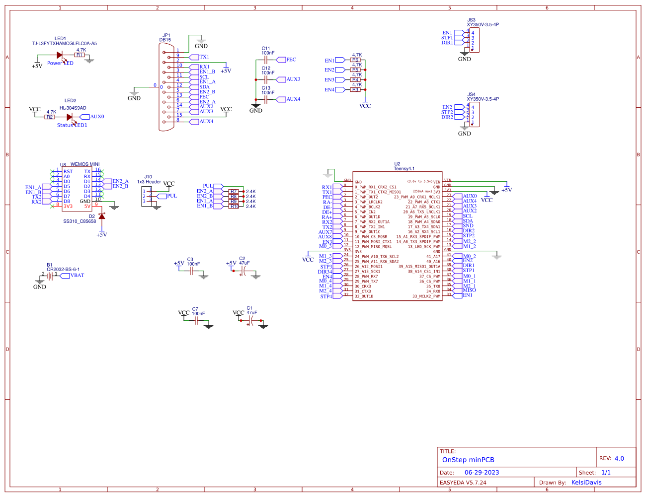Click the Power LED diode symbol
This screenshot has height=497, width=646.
pos(60,55)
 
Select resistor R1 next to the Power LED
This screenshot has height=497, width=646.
pos(80,55)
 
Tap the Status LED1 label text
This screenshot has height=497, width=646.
pos(72,125)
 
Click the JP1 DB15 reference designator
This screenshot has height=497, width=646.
pos(165,38)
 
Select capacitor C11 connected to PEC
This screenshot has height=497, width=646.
pos(266,60)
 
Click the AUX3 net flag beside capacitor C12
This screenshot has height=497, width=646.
pos(293,79)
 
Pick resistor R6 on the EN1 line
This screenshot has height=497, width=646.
pos(355,60)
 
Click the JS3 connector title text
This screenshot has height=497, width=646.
pos(472,20)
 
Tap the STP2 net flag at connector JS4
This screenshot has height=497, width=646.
pos(447,112)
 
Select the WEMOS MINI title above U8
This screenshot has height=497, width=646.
pos(85,164)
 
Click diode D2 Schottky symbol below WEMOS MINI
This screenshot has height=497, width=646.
pos(102,216)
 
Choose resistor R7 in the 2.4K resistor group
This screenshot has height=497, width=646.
pos(234,192)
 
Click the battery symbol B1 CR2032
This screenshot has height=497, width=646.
pos(50,275)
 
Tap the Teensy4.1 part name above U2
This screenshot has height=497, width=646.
pos(404,169)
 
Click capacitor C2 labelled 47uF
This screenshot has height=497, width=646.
pos(243,271)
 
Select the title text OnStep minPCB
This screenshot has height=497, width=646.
pos(468,460)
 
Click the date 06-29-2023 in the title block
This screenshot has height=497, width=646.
pos(482,473)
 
